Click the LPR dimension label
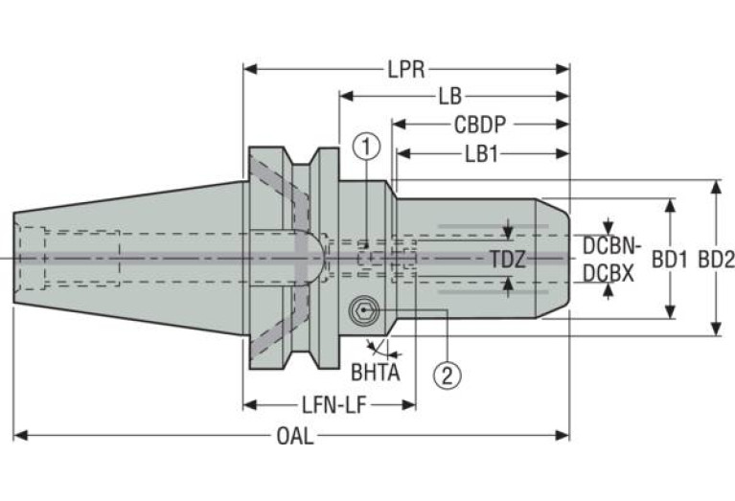[406, 70]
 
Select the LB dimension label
[450, 97]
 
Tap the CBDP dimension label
[480, 125]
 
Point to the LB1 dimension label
[481, 154]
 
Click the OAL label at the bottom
[295, 436]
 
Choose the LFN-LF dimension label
[333, 405]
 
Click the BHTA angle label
[376, 373]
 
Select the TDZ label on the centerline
[508, 260]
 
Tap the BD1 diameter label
[670, 260]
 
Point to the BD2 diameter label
[716, 260]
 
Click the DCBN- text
[611, 245]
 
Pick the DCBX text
[609, 273]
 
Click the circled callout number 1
[367, 147]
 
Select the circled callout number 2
[447, 375]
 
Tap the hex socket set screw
[363, 310]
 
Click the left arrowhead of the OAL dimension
[20, 436]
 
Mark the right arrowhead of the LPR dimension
[563, 69]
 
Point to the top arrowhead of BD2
[716, 187]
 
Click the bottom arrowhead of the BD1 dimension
[670, 312]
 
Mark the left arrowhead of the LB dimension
[346, 97]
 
